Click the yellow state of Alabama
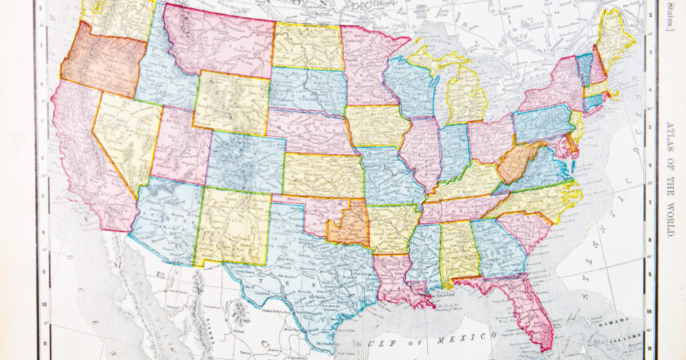(x=458, y=248)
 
